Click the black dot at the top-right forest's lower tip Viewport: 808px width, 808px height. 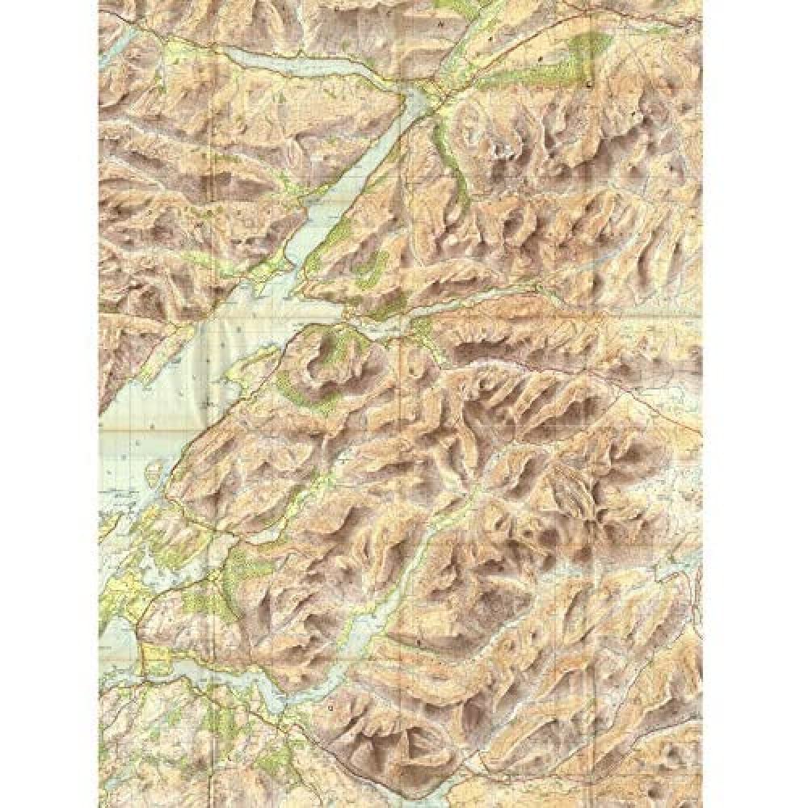pyautogui.click(x=591, y=84)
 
